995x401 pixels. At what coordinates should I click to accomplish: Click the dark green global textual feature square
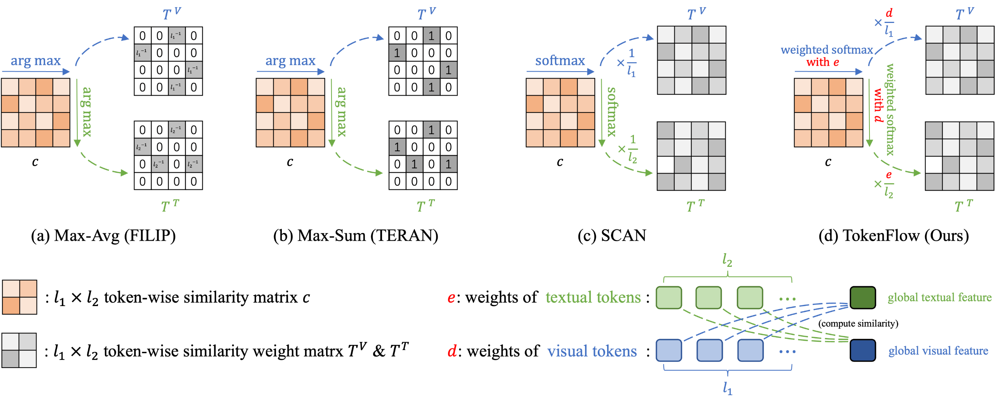coord(862,298)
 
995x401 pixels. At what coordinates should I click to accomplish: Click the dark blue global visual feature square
coord(862,350)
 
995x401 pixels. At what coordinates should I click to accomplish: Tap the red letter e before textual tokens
coord(451,298)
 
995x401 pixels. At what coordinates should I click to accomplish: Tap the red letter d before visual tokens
coord(452,351)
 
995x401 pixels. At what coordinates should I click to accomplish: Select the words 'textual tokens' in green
coord(593,298)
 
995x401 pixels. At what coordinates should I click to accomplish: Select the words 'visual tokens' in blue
coord(592,351)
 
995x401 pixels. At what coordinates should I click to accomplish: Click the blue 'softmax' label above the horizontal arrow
coord(560,61)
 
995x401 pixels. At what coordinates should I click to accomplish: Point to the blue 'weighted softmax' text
coord(827,50)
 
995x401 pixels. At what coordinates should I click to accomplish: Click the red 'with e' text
coord(822,62)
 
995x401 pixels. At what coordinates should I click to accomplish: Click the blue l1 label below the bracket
coord(727,388)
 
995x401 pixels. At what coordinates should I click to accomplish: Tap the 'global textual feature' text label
coord(939,298)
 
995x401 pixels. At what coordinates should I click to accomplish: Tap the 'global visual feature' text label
coord(938,351)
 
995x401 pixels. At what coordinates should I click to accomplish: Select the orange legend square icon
coord(19,297)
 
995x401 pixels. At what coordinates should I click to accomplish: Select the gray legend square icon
coord(19,350)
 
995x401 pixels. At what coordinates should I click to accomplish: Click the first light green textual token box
coord(669,298)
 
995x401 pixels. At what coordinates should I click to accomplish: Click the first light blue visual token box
coord(669,350)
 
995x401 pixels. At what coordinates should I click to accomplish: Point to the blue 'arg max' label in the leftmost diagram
coord(36,61)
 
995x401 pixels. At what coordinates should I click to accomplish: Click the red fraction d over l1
coord(889,23)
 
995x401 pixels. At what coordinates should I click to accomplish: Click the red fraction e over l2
coord(888,185)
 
